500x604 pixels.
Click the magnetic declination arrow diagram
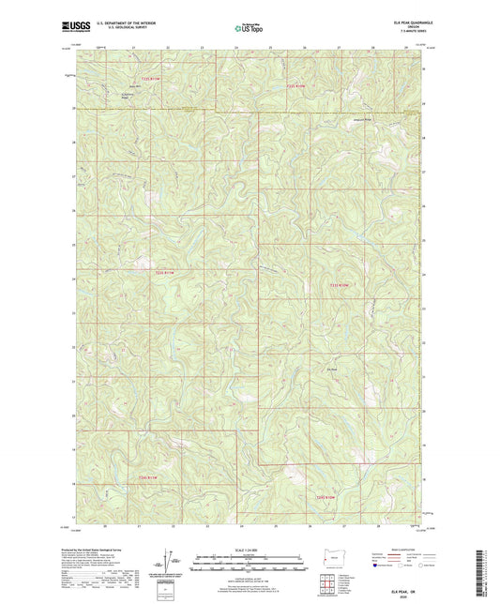click(168, 563)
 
